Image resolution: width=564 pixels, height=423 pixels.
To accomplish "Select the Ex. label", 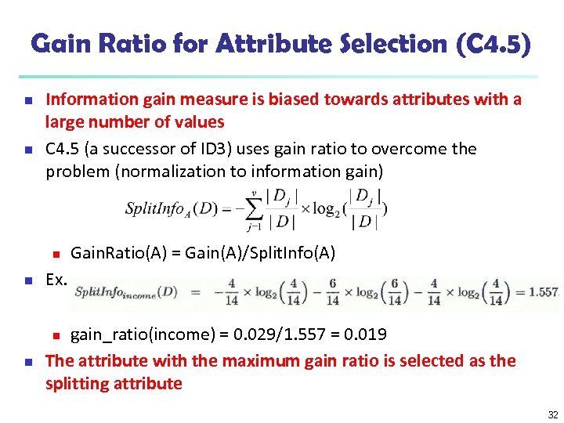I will [56, 279].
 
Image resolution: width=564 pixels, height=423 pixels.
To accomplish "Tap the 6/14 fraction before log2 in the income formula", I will [333, 291].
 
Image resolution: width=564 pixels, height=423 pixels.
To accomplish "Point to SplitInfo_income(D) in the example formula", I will [126, 293].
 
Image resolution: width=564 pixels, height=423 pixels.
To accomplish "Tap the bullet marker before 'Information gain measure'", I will [27, 101].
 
